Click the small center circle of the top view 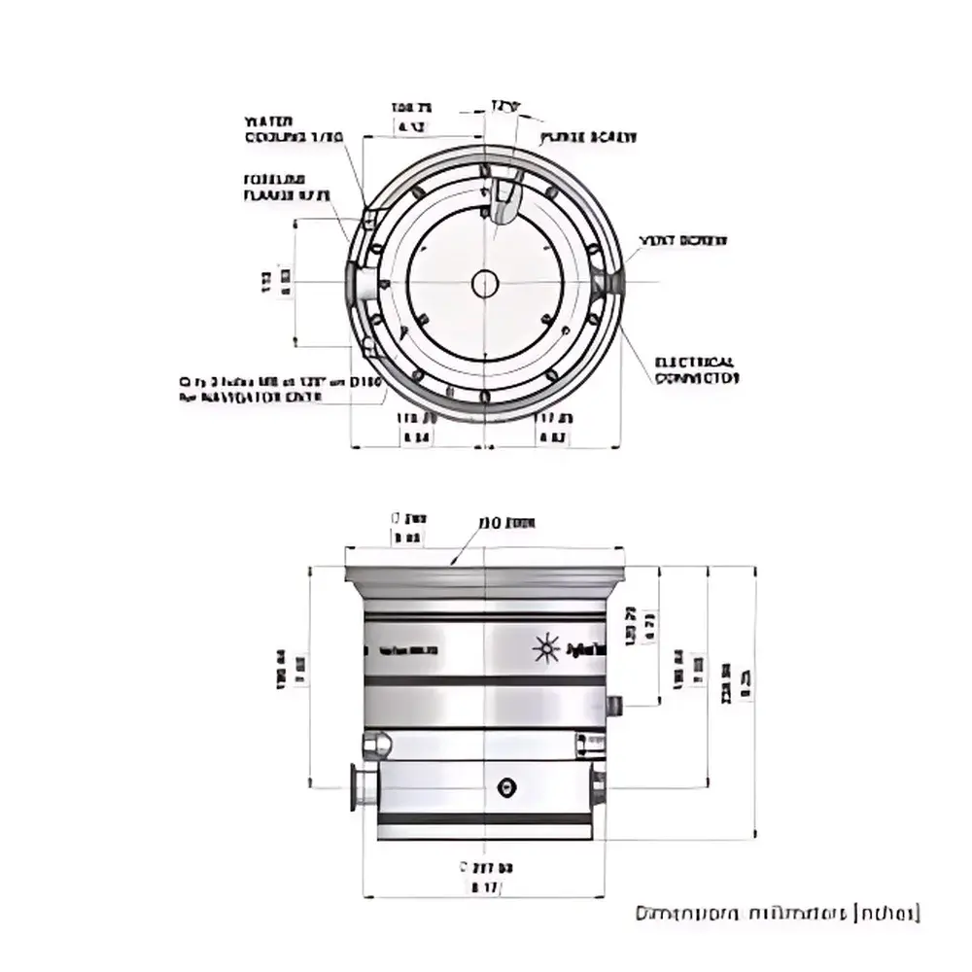point(484,284)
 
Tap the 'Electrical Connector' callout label point(696,369)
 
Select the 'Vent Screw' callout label point(682,240)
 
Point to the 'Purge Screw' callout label point(590,138)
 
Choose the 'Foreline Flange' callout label point(287,188)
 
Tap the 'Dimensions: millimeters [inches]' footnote point(777,914)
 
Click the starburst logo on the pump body point(546,647)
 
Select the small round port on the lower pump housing point(504,786)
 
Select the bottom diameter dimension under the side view point(483,877)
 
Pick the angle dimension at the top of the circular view point(503,103)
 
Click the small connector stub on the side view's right point(613,703)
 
